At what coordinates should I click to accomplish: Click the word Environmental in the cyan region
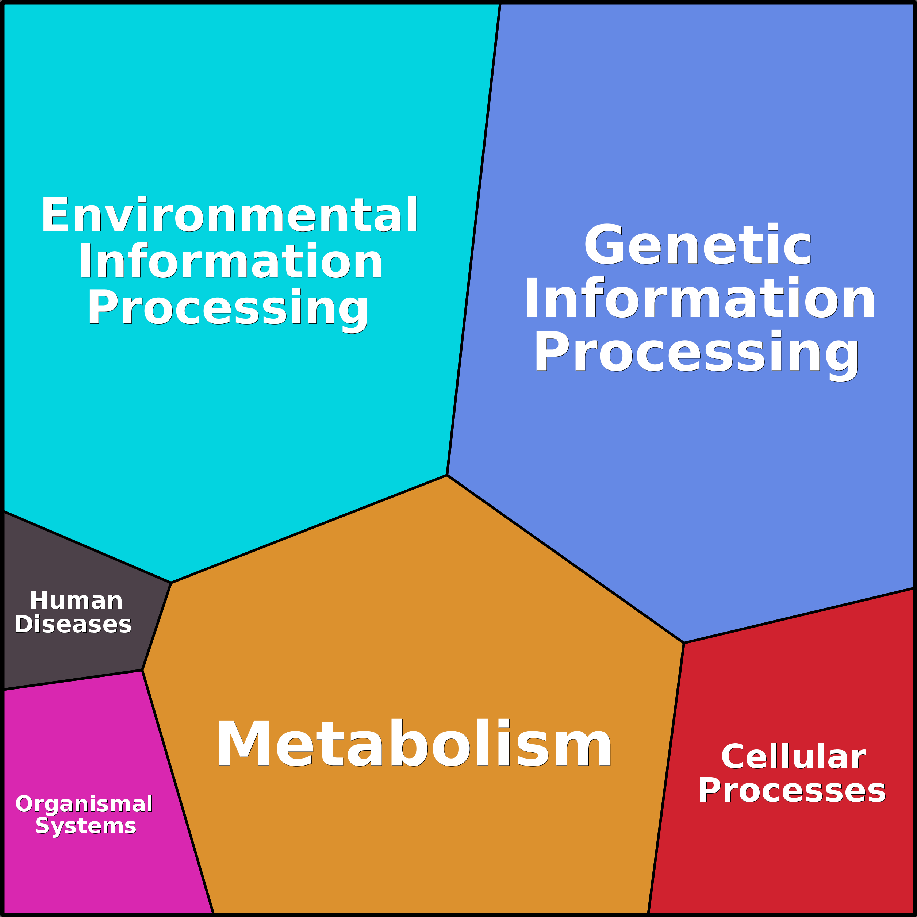click(x=229, y=215)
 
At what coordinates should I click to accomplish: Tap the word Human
click(x=76, y=601)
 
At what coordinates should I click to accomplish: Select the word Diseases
click(x=73, y=624)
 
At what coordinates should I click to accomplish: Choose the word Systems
click(x=86, y=826)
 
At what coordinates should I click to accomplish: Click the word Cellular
click(x=794, y=757)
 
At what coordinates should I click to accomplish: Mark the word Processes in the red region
click(x=792, y=791)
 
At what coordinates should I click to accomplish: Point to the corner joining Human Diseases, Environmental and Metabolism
click(x=171, y=582)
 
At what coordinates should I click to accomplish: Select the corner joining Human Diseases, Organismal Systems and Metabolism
click(x=142, y=670)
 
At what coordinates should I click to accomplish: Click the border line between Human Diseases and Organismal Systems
click(x=73, y=680)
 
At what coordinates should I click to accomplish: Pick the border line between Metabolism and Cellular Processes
click(x=666, y=778)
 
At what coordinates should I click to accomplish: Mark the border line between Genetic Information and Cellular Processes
click(x=799, y=615)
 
